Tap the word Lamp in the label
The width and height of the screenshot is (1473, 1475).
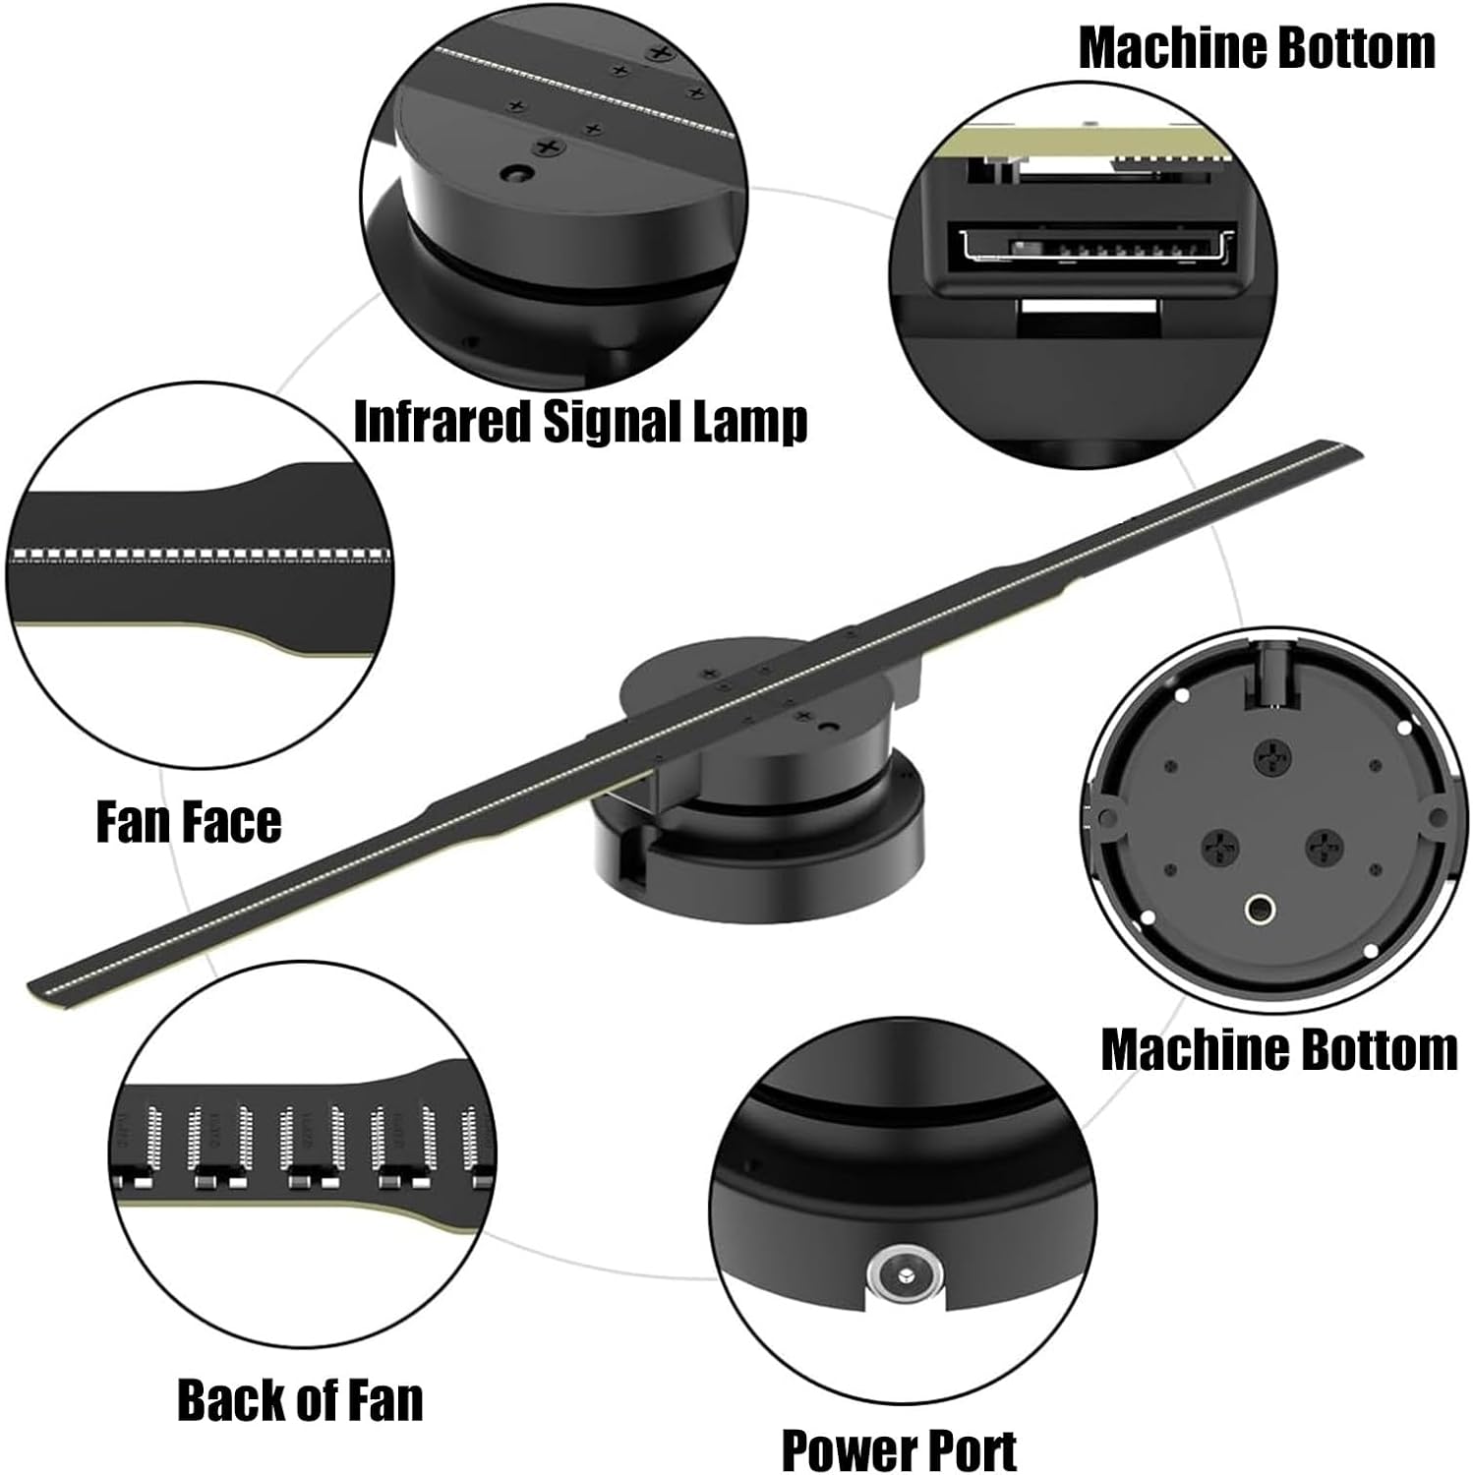751,422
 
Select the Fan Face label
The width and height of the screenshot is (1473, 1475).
189,821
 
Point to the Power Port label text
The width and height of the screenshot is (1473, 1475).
899,1448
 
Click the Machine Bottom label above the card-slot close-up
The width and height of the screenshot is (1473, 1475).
1257,47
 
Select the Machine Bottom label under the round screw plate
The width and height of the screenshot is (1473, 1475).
1278,1049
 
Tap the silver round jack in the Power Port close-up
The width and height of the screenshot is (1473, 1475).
904,1274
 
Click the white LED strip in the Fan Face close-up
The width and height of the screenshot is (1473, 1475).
197,556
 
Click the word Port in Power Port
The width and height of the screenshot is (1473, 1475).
969,1448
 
